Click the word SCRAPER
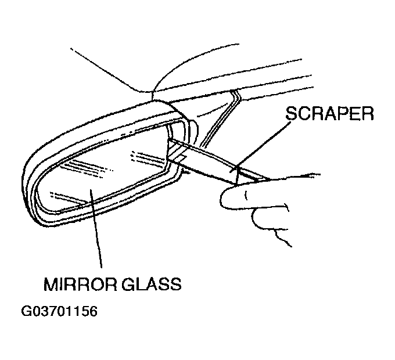[x=329, y=113]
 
